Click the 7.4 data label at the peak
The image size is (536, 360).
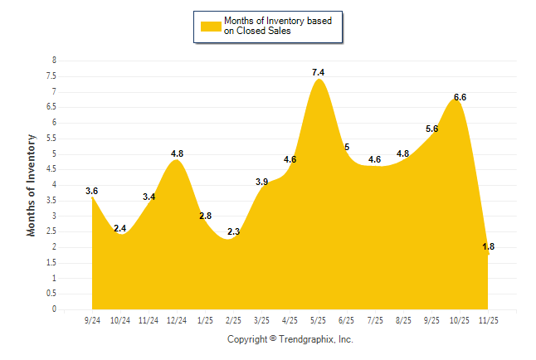(318, 73)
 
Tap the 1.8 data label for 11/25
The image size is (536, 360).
(488, 246)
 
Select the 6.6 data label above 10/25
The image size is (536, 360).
(460, 97)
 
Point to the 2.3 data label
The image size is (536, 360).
(233, 231)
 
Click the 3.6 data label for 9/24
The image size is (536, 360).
(92, 191)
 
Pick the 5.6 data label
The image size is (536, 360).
(431, 129)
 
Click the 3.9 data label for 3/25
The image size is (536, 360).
(261, 182)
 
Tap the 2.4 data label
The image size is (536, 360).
(120, 228)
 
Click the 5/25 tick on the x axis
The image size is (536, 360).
(318, 319)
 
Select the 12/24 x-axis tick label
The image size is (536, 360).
(176, 319)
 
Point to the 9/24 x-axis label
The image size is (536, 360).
(92, 319)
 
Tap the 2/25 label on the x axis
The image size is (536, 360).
(233, 319)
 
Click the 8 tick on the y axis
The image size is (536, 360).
(54, 61)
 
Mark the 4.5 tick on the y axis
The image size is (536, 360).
(51, 169)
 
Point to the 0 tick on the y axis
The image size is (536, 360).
(54, 309)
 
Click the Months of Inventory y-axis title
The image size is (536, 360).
(32, 185)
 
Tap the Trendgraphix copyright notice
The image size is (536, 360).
(290, 339)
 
